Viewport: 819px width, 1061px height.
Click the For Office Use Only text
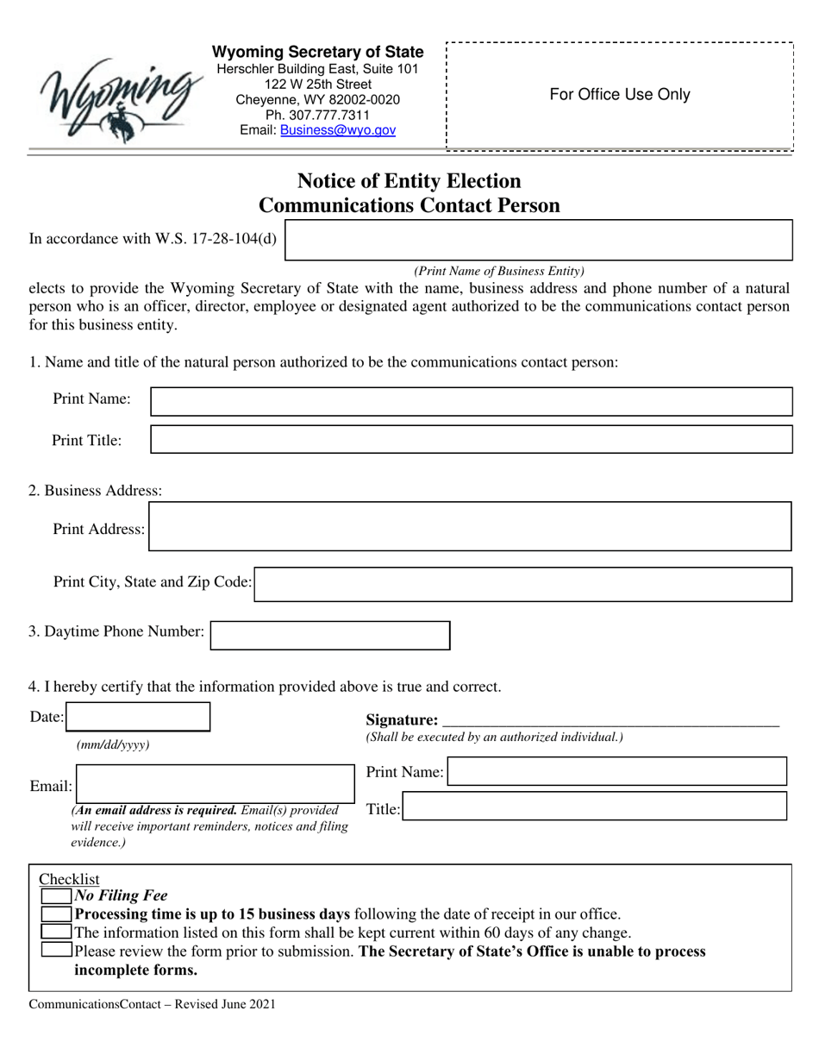(x=620, y=95)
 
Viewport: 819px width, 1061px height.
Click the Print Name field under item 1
(x=471, y=402)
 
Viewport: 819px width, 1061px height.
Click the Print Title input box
(x=471, y=439)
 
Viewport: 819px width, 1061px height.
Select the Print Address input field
(x=470, y=527)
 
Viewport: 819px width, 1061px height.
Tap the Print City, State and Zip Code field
(x=523, y=584)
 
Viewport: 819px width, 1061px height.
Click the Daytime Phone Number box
(x=330, y=636)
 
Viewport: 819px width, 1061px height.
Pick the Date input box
(x=138, y=717)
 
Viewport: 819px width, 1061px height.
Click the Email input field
(x=213, y=785)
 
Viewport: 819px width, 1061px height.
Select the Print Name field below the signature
(x=616, y=771)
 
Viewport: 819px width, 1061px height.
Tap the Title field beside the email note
(x=595, y=807)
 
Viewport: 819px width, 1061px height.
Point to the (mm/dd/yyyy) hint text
(x=113, y=745)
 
